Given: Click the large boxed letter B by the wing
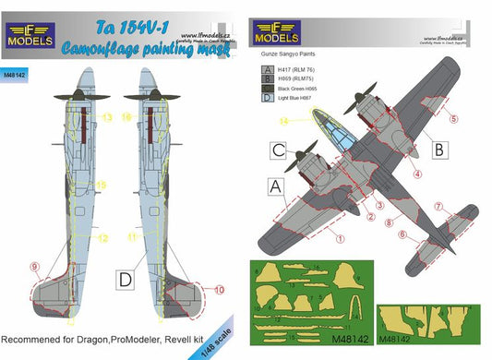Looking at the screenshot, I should (439, 148).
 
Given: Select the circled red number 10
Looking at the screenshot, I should (219, 289).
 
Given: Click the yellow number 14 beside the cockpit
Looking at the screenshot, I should (285, 120).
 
